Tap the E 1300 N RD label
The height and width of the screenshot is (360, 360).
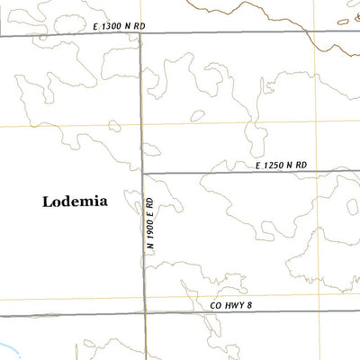click(x=119, y=27)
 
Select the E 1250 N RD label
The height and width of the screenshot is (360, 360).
click(x=281, y=166)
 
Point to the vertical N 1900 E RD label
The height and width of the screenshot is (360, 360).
click(x=153, y=225)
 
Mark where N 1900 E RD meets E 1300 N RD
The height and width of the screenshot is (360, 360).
click(x=141, y=34)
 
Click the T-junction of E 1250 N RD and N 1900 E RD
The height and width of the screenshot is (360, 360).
click(x=143, y=172)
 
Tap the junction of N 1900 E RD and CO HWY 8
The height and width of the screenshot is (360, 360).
click(x=145, y=313)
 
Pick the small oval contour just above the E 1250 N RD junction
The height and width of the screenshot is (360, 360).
click(x=151, y=150)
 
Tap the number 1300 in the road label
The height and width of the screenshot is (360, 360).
click(x=112, y=27)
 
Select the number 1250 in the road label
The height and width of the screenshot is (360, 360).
click(x=275, y=166)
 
